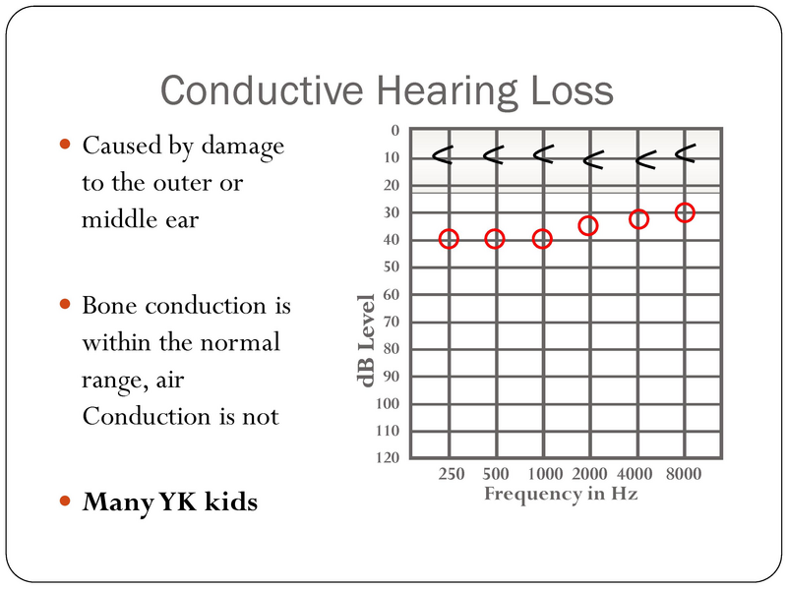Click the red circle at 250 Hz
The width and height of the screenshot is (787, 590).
449,239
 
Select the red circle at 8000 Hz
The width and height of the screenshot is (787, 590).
685,212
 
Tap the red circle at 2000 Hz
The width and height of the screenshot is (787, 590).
588,226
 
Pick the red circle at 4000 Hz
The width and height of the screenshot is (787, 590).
638,219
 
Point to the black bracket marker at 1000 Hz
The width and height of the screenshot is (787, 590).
543,153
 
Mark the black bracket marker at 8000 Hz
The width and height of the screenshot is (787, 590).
685,151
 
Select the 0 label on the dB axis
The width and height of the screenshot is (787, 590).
395,131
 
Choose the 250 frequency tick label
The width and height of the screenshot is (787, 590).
450,474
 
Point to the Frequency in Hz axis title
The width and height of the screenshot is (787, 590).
561,494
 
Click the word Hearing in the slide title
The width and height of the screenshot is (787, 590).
427,90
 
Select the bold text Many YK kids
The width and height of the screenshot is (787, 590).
170,502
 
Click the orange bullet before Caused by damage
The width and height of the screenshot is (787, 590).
66,145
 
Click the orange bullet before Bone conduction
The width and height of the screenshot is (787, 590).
66,304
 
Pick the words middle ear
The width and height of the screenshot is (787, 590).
140,219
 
